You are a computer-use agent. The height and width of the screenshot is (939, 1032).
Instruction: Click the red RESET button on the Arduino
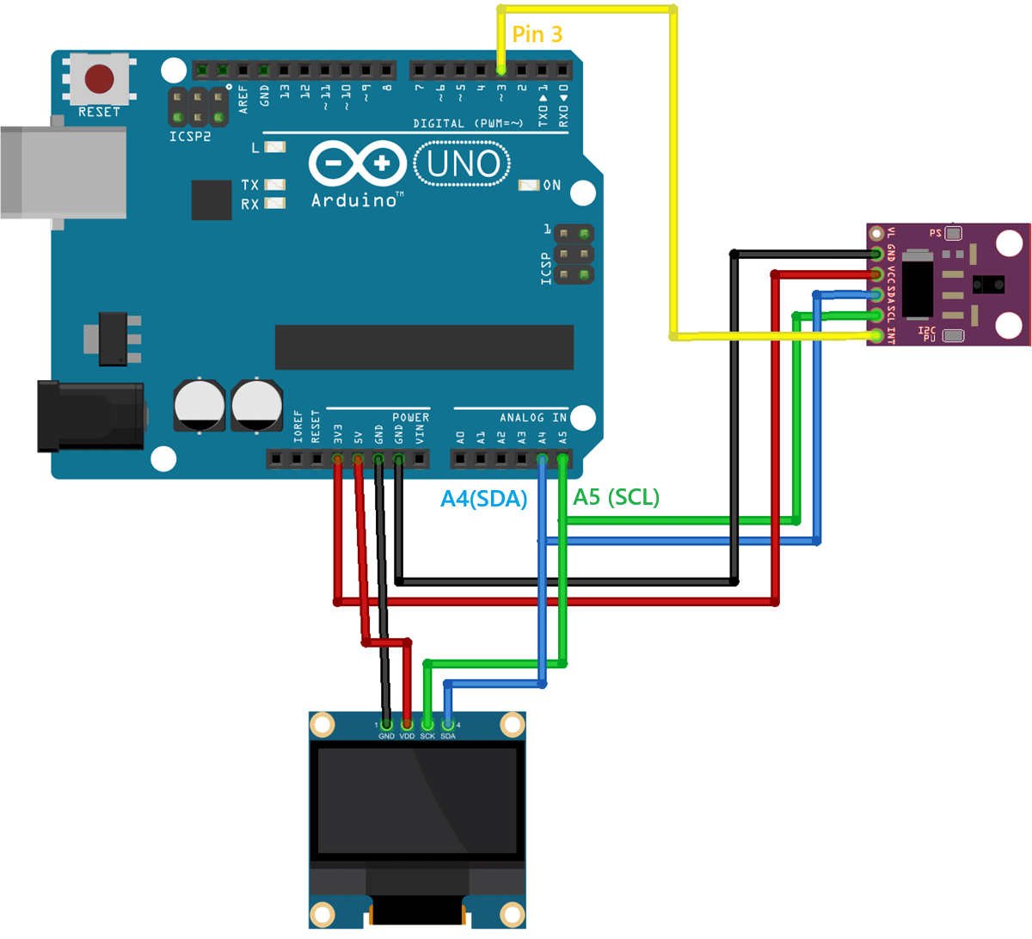[x=99, y=79]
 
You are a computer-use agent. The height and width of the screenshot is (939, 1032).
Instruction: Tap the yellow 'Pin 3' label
[x=537, y=34]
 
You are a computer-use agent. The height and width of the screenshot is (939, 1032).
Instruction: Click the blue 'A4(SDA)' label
[x=483, y=499]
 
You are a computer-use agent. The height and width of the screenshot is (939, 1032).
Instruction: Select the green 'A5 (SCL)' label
[x=616, y=497]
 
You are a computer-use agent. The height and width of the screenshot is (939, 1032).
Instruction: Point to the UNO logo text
[x=463, y=163]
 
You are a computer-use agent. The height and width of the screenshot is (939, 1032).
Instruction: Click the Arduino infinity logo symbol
[x=358, y=163]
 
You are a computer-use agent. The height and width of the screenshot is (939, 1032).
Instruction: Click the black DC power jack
[x=89, y=417]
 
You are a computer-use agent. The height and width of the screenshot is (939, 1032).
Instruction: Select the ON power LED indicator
[x=530, y=185]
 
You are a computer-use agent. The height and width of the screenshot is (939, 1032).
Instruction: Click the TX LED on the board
[x=274, y=185]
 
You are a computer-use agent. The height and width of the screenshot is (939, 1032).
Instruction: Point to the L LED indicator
[x=274, y=148]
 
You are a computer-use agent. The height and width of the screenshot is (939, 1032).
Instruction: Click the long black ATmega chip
[x=424, y=347]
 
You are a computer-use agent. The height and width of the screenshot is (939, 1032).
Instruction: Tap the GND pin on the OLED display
[x=386, y=725]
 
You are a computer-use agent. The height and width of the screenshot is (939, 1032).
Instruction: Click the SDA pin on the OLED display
[x=448, y=725]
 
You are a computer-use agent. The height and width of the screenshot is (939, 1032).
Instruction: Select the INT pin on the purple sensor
[x=875, y=335]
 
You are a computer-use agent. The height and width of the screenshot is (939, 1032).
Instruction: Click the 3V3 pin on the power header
[x=337, y=459]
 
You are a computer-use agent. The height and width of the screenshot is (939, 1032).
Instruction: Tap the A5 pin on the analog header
[x=562, y=459]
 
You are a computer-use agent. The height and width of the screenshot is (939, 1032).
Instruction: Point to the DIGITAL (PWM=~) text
[x=468, y=124]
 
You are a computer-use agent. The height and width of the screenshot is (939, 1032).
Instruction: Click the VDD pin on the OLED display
[x=407, y=725]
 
